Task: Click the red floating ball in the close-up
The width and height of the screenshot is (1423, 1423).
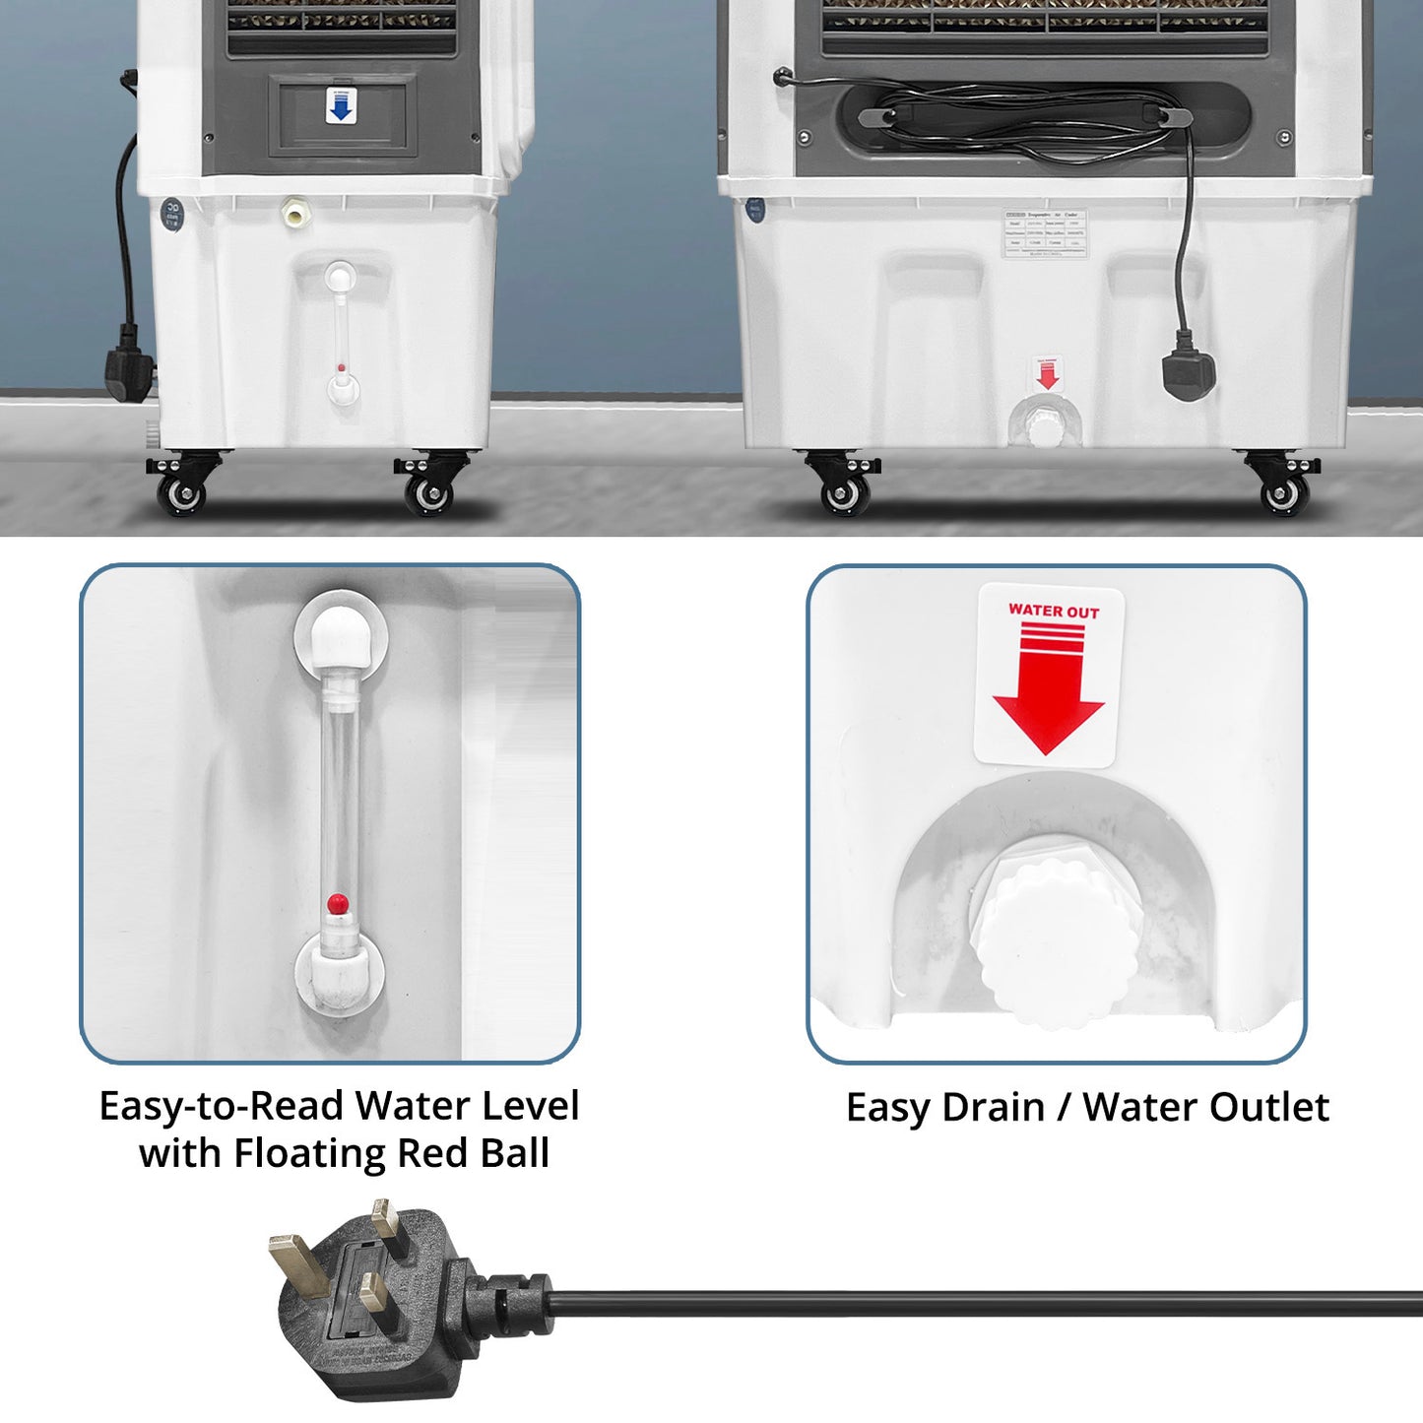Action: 337,902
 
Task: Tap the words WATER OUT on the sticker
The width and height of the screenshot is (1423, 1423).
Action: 1053,611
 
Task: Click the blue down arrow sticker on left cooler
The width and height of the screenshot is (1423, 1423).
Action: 341,106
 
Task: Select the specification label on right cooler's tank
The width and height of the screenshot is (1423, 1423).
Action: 1044,233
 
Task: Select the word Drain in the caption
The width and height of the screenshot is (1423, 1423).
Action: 993,1107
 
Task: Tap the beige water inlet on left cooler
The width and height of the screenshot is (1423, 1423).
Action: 292,212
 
